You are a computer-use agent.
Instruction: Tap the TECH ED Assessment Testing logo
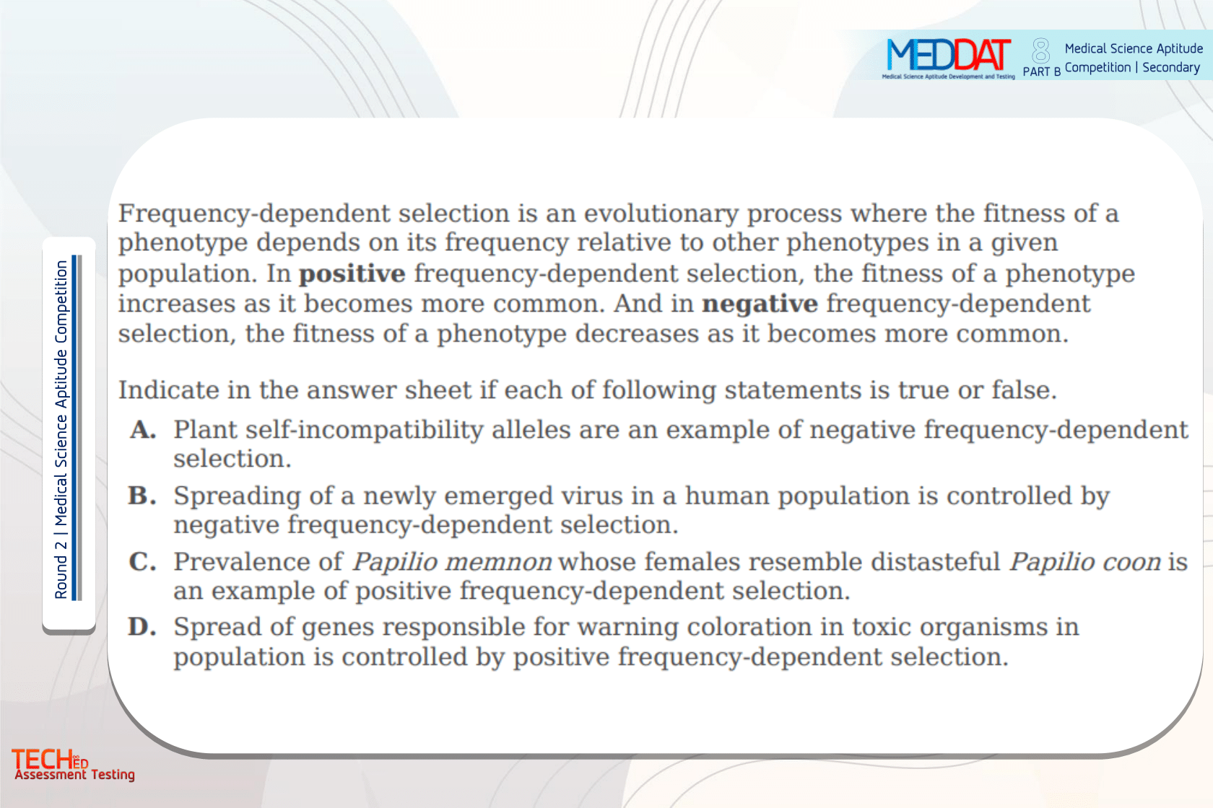(73, 764)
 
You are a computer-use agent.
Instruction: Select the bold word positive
(352, 274)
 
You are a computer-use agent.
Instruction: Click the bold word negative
(760, 304)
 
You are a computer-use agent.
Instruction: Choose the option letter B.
(143, 496)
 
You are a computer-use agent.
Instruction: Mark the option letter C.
(143, 562)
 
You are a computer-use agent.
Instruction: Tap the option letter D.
(143, 627)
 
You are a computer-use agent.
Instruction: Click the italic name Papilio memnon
(452, 562)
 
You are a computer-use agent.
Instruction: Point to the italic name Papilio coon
(1085, 562)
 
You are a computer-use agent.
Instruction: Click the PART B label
(1041, 72)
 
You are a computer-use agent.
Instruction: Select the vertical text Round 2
(61, 568)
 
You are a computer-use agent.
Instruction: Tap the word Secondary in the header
(1171, 68)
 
